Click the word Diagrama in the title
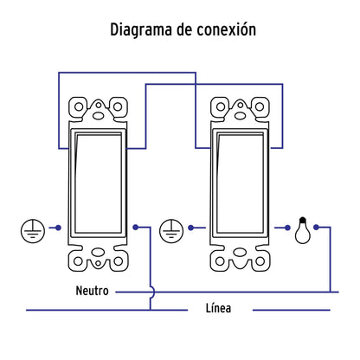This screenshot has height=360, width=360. [x=142, y=29]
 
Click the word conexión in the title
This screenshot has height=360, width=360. [x=226, y=29]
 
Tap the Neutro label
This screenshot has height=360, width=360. [x=92, y=291]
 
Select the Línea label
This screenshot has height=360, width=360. [x=218, y=308]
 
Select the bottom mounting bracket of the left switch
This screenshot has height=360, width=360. [x=96, y=258]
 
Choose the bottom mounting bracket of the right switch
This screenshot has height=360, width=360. [x=236, y=258]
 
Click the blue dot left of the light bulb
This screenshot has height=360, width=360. [x=286, y=228]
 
